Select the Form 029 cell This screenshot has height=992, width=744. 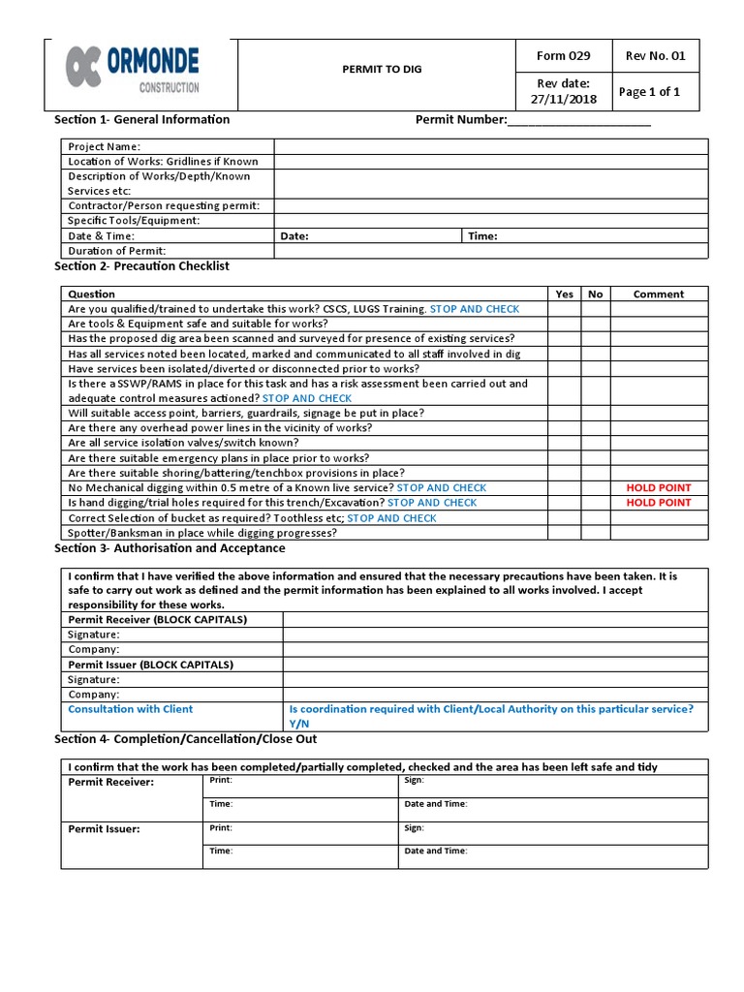coord(563,55)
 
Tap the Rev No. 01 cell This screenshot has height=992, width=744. coord(655,55)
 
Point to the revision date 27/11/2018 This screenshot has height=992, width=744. coord(563,91)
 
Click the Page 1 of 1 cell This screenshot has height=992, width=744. coord(649,92)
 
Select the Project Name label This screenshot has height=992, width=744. coord(105,146)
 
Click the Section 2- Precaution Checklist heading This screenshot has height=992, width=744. coord(141,265)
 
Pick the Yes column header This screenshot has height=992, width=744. coord(564,294)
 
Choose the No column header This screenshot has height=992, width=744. coord(595,294)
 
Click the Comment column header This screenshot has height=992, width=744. coord(658,294)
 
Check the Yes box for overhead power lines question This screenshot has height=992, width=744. coord(564,427)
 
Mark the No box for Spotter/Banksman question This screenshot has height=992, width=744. coord(595,533)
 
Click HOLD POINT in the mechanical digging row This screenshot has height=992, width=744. coord(659,487)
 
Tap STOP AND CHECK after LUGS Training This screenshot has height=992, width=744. coord(475,309)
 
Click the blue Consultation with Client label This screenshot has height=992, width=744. coord(130,709)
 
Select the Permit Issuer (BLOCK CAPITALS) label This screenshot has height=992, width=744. coord(150,665)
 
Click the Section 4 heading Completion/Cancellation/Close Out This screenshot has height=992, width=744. coord(185,739)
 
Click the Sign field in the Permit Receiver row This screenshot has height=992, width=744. coord(552,781)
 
